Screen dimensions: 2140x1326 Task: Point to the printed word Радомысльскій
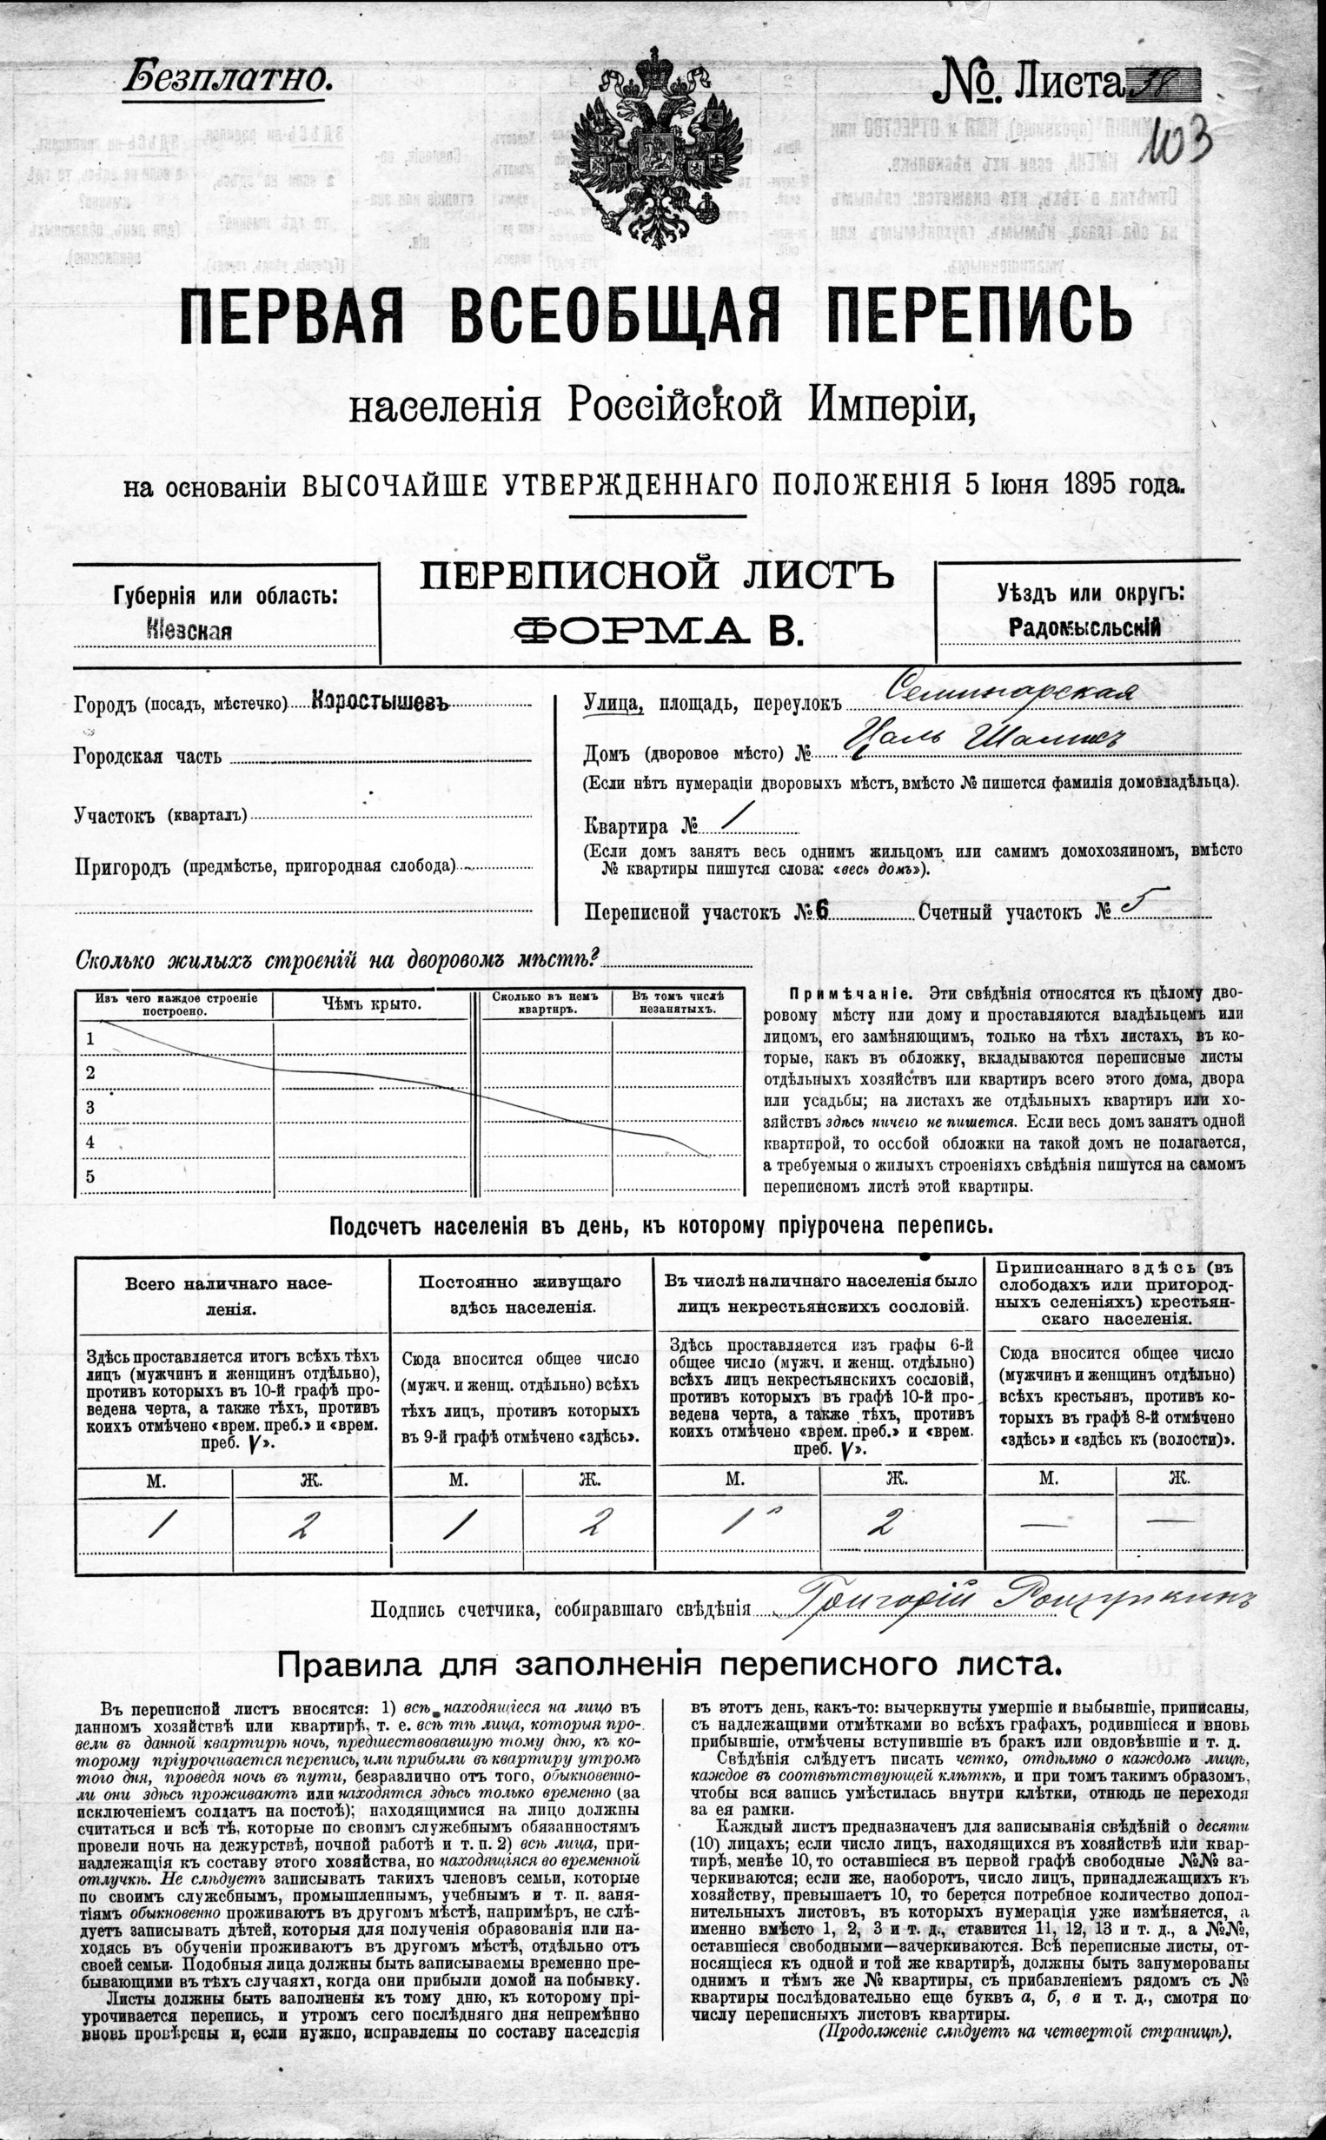point(1084,627)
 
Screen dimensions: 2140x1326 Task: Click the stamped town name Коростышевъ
point(380,703)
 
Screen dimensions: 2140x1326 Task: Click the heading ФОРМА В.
point(658,630)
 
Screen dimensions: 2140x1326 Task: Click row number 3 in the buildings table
point(90,1108)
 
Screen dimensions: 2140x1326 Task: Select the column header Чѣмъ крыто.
point(371,1004)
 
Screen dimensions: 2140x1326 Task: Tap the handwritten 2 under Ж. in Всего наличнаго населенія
point(302,1525)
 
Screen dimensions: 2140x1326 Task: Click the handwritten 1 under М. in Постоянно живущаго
point(456,1525)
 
